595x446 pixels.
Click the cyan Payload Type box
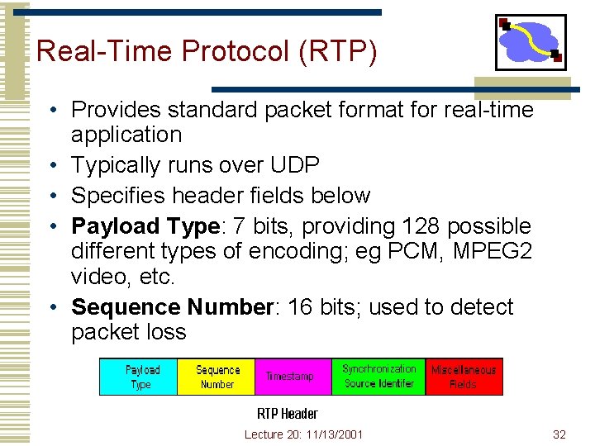(x=138, y=377)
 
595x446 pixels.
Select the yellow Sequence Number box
(x=217, y=377)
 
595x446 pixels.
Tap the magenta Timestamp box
(x=293, y=377)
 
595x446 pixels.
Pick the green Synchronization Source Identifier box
(x=378, y=377)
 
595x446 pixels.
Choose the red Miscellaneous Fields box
(x=463, y=377)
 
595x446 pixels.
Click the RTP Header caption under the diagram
(x=287, y=413)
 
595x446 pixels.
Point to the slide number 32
(x=559, y=434)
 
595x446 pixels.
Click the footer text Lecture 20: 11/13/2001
(x=303, y=434)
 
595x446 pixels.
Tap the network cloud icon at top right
(x=530, y=41)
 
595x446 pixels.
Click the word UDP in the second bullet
(x=295, y=165)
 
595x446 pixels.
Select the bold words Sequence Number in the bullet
(x=172, y=307)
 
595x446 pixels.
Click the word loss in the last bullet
(x=167, y=332)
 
